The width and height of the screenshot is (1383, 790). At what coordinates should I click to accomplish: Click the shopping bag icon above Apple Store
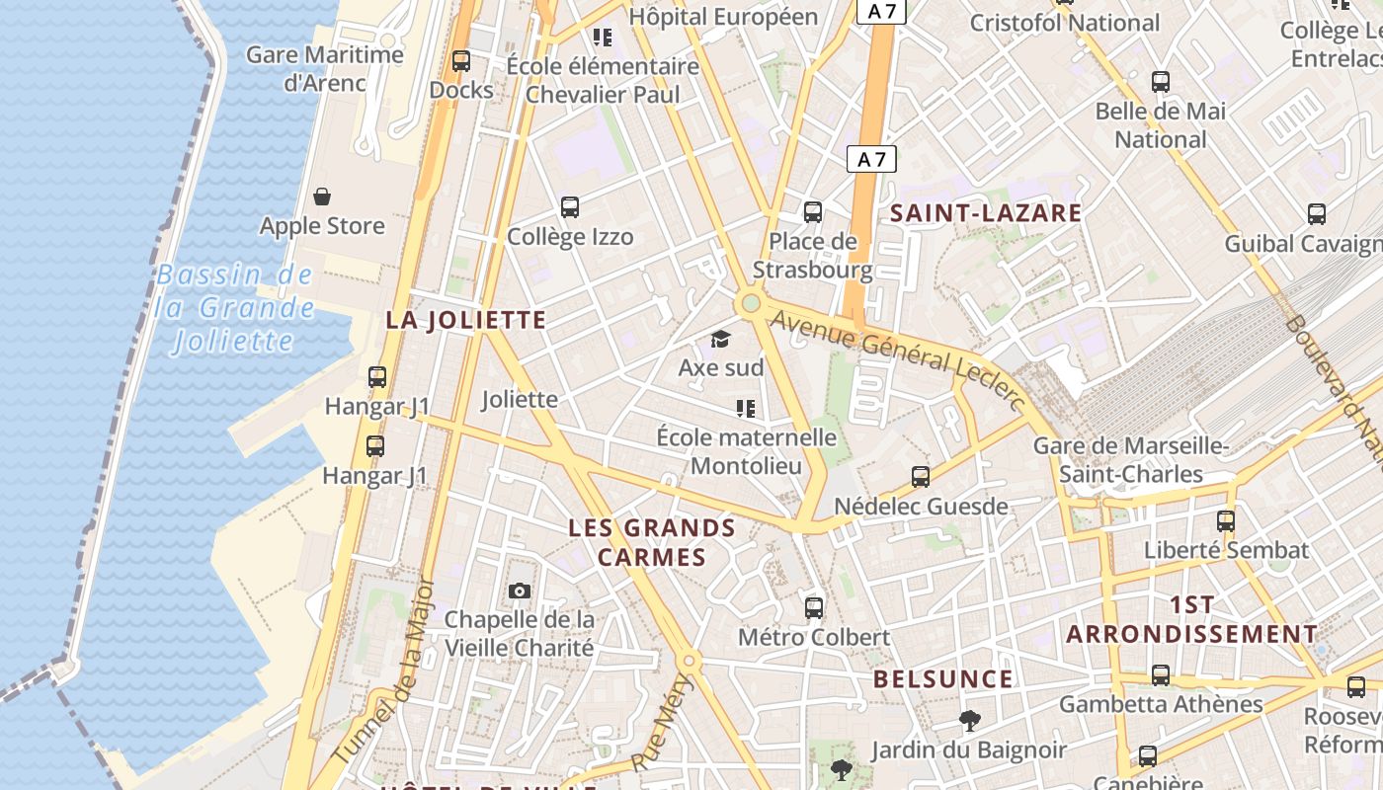tap(321, 197)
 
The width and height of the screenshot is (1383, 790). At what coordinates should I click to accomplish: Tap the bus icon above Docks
tap(460, 61)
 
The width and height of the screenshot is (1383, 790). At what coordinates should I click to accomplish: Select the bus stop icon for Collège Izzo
tap(570, 207)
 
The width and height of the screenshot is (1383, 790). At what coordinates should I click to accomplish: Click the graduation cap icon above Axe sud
tap(720, 340)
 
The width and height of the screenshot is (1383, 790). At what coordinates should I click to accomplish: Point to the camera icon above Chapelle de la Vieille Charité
tap(519, 592)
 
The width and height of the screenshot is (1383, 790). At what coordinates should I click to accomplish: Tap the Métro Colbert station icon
tap(813, 608)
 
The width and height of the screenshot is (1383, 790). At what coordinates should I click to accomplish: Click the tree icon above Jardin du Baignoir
tap(969, 721)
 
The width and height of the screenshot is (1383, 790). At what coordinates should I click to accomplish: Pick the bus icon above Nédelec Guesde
tap(921, 477)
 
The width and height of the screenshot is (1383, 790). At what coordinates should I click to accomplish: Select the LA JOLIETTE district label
tap(465, 320)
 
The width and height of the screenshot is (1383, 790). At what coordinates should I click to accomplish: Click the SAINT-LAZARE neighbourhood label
tap(986, 213)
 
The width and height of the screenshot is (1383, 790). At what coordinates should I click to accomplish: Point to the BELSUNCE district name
tap(943, 679)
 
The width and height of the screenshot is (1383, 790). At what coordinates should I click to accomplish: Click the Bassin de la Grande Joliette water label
tap(235, 308)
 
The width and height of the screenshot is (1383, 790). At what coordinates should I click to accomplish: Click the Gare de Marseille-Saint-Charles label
tap(1131, 460)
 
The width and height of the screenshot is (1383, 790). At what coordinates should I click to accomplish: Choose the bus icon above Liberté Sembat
tap(1226, 520)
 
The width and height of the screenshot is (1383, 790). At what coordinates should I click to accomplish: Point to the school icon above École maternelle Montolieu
tap(746, 408)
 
